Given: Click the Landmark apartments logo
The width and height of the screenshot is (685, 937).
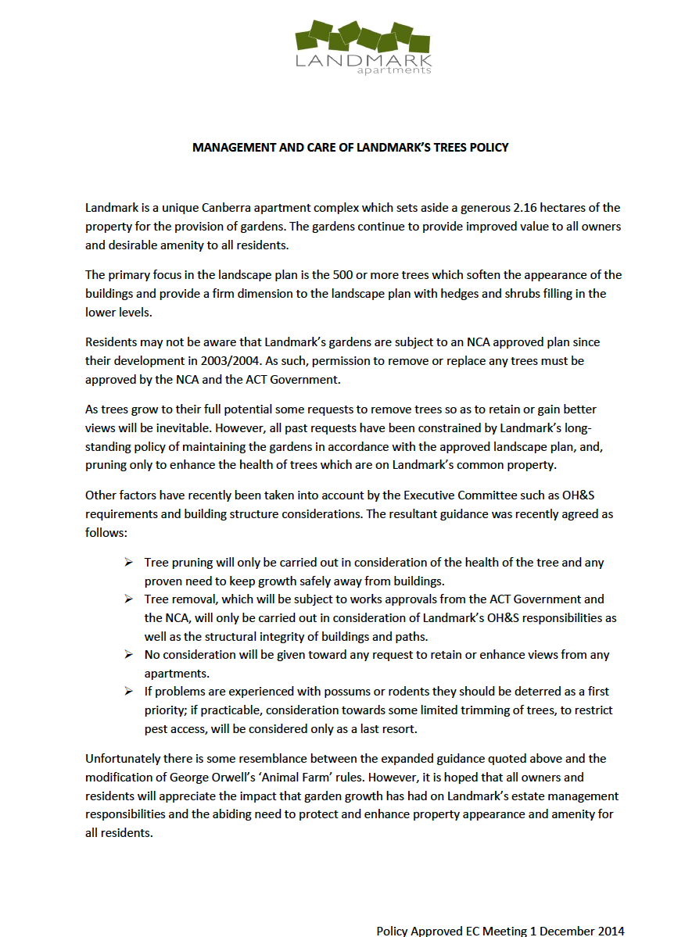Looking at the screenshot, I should (x=364, y=47).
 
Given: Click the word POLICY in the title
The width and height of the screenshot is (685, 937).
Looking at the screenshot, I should (x=488, y=147).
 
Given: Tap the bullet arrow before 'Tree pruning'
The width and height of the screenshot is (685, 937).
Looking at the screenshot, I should (x=129, y=563).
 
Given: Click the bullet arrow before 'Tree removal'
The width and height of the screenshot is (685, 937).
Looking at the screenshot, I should (x=129, y=599).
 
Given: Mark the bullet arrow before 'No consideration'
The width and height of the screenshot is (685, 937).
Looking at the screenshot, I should (x=129, y=655).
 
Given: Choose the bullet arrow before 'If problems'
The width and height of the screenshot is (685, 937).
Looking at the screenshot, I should (x=129, y=692).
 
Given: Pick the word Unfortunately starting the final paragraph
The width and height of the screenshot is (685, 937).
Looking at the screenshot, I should (x=124, y=759).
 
